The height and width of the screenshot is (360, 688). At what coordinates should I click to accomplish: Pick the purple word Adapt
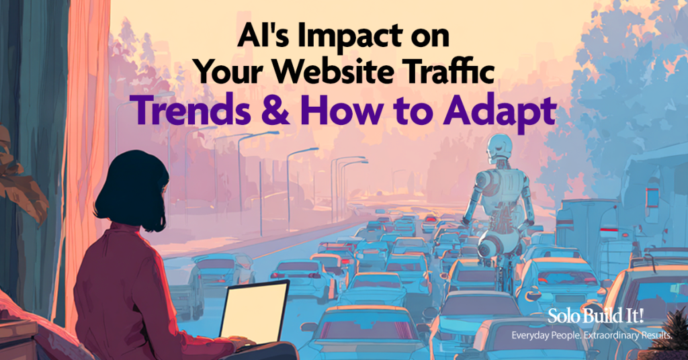click(x=500, y=112)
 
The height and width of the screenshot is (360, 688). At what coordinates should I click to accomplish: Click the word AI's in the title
click(x=265, y=36)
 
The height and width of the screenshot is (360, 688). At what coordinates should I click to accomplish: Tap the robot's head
click(x=499, y=150)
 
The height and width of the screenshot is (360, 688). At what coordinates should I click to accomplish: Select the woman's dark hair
click(x=132, y=189)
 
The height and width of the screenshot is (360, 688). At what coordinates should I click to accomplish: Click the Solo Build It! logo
click(x=595, y=316)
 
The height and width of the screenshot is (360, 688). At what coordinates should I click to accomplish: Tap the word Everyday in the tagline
click(x=531, y=336)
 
